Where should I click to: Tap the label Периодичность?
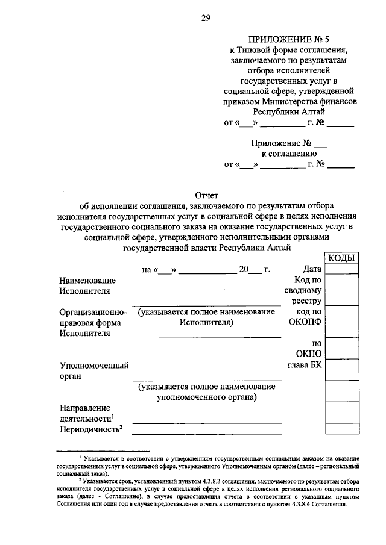click(x=90, y=429)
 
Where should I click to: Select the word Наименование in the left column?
click(x=87, y=281)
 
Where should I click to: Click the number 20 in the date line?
click(x=244, y=270)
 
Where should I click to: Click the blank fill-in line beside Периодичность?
click(x=207, y=431)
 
